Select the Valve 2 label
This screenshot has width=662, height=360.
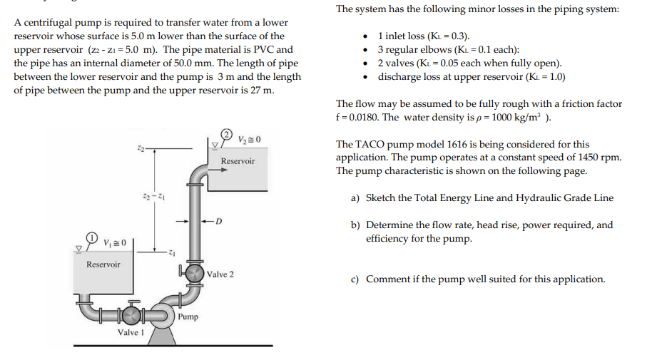(220, 274)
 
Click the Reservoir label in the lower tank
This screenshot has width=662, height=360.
(103, 264)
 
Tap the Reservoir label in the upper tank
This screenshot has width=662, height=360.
(238, 161)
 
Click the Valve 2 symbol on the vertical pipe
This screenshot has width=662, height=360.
(193, 274)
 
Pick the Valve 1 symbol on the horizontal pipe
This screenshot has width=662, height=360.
(132, 314)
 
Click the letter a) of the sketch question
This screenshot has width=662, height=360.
(355, 198)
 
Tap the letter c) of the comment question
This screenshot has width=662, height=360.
(355, 279)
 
